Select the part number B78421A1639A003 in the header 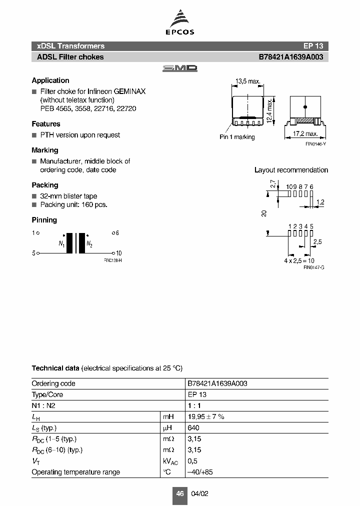[x=290, y=57]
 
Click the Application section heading [x=50, y=80]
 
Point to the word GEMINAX [x=129, y=91]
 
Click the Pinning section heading [x=44, y=220]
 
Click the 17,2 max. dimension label [x=305, y=134]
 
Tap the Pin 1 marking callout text [x=237, y=137]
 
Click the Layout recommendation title [x=291, y=170]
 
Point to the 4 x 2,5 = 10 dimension [x=299, y=261]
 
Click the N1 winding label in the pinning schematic [x=61, y=244]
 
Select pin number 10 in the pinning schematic [x=119, y=253]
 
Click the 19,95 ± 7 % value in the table [x=206, y=416]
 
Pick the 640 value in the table [x=193, y=428]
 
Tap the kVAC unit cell [x=170, y=461]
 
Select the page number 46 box [x=179, y=493]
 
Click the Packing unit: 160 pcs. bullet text [x=73, y=204]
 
